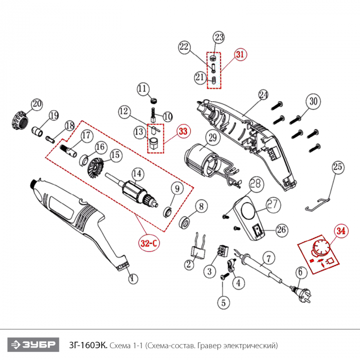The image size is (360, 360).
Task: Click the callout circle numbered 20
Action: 36,104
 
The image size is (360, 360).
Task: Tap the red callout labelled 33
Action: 183,132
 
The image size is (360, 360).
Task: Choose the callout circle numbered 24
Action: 263,95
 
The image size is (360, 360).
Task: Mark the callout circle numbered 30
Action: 314,101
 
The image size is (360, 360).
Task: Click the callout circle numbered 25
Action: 337,167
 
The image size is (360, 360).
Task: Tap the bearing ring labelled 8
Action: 184,223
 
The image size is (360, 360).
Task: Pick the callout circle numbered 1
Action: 133,279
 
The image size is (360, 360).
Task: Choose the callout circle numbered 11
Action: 142,88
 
